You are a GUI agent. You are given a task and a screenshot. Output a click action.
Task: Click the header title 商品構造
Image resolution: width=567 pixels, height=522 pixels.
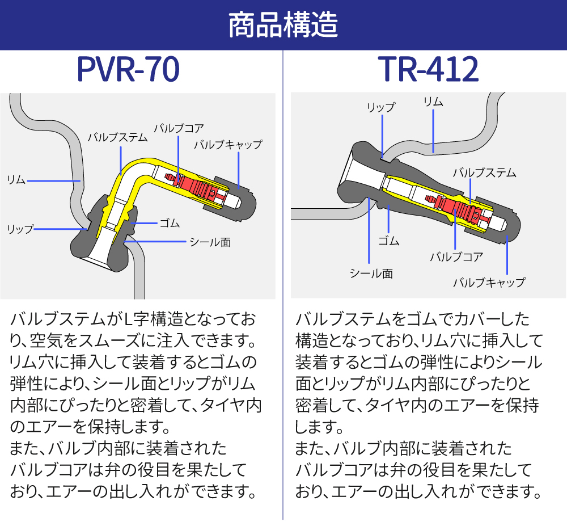283,25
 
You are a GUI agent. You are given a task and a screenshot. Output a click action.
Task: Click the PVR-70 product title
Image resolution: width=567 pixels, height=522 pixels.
128,70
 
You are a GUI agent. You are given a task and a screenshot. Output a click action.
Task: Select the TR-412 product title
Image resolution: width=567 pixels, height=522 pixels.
429,70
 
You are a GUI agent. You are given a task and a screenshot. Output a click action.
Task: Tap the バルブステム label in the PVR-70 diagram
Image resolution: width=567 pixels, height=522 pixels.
117,137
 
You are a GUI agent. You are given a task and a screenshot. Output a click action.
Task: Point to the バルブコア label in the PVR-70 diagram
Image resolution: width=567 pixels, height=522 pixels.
179,127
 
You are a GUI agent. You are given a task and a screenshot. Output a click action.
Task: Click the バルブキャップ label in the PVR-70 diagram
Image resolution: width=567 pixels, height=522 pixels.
228,145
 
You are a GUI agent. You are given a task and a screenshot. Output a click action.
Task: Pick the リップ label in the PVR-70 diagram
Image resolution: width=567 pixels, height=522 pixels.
20,229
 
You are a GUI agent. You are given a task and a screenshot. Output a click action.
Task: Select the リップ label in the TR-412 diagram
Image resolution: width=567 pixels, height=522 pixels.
380,107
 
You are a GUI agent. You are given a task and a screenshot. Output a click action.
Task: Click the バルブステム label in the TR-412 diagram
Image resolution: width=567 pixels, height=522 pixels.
484,173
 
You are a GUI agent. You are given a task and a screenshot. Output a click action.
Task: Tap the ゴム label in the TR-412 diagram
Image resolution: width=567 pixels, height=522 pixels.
389,241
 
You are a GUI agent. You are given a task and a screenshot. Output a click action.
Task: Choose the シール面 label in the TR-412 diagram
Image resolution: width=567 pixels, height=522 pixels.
371,273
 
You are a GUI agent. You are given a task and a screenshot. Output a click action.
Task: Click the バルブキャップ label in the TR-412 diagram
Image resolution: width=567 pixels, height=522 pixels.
489,282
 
